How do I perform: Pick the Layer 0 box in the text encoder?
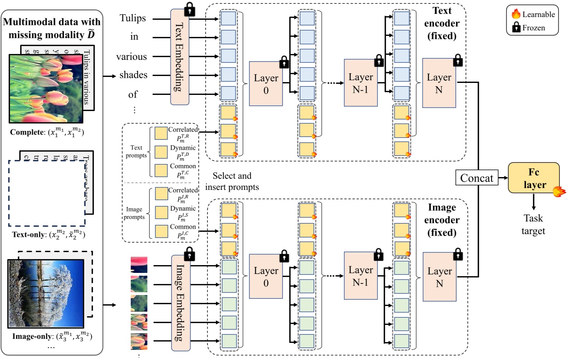(265, 83)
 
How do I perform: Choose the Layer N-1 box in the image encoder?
(361, 275)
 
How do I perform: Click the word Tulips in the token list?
(133, 18)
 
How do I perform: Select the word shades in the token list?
(134, 76)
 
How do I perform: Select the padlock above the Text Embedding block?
(189, 8)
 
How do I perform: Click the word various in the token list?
(131, 57)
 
